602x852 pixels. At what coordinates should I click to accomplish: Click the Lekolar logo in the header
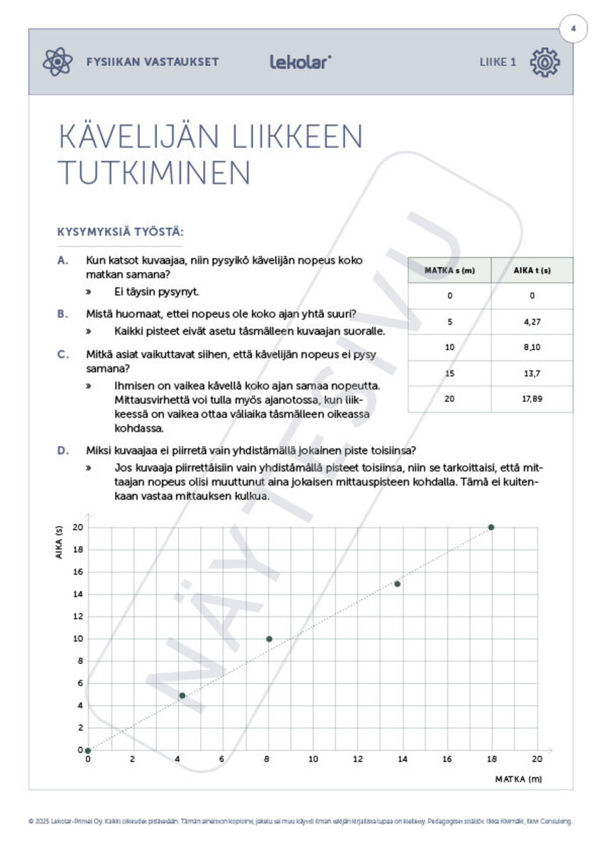tap(300, 62)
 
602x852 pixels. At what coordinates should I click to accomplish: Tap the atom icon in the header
tap(58, 62)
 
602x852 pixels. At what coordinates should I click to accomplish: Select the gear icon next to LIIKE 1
tap(544, 62)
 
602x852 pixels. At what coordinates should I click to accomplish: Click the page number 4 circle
tap(574, 30)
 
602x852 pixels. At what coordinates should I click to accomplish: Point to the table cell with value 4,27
tap(532, 322)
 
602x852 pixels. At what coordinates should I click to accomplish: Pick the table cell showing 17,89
tap(532, 399)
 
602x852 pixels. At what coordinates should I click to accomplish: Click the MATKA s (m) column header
tap(449, 271)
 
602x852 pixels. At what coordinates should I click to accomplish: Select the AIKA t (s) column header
tap(532, 271)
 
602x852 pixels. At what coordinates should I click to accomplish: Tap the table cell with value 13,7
tap(532, 373)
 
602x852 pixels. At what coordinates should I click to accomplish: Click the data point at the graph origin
tap(87, 750)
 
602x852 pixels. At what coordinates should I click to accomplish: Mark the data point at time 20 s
tap(491, 528)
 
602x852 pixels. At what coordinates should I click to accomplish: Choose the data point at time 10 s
tap(269, 639)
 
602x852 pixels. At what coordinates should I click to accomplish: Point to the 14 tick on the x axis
tap(402, 759)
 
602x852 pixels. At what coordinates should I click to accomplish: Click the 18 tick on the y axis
tap(77, 550)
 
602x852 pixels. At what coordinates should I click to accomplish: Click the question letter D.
tap(63, 450)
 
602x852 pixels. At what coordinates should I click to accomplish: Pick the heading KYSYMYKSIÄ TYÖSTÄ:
tap(120, 232)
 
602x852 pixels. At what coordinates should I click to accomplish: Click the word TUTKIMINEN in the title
tap(154, 173)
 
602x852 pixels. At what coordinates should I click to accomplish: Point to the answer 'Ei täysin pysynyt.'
tap(156, 292)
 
